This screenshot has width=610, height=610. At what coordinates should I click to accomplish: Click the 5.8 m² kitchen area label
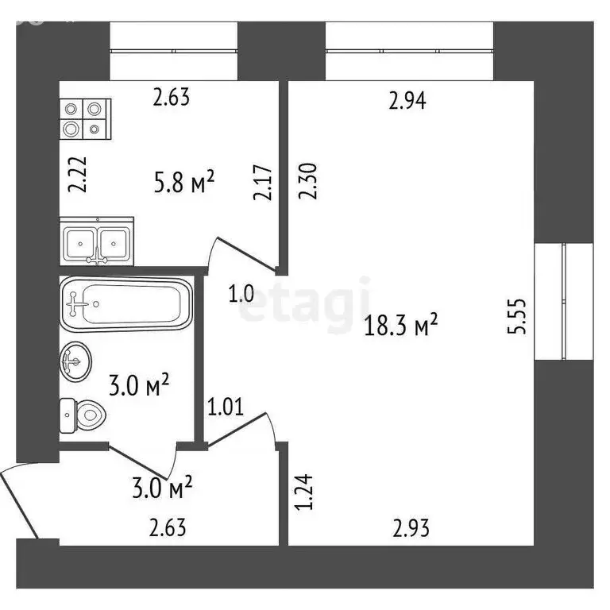coord(184,183)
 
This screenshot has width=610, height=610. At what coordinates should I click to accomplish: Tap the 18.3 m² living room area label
coord(401,325)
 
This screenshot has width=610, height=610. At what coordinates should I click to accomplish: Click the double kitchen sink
coord(96,241)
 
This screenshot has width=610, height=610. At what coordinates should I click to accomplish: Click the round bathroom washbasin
coord(76,361)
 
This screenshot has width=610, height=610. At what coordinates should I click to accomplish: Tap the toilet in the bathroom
coord(83,413)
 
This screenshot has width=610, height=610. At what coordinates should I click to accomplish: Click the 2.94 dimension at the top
coord(407,101)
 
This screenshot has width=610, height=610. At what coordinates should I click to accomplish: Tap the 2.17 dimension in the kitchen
coord(266,183)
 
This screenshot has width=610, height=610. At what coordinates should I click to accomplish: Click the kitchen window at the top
coord(174,50)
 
